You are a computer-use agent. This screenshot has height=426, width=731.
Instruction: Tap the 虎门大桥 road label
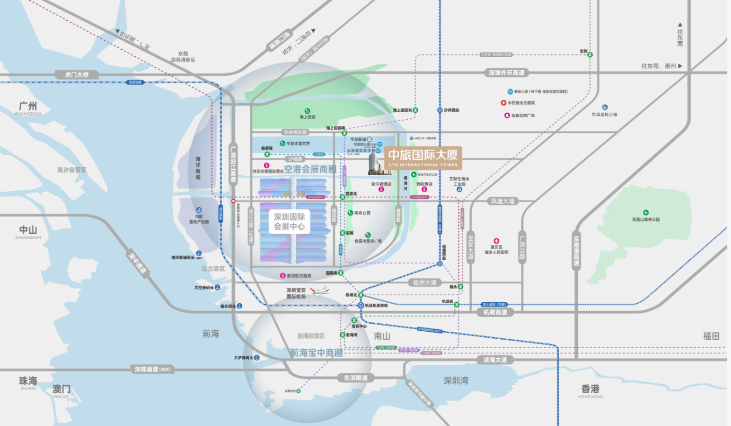tap(76, 75)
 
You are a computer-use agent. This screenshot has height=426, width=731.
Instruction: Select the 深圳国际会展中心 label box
tap(289, 221)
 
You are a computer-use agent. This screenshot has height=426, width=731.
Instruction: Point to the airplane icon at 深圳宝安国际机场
tap(319, 291)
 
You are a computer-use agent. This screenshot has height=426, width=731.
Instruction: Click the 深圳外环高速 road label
tap(507, 73)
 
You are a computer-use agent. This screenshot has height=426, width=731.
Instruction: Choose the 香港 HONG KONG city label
tap(590, 389)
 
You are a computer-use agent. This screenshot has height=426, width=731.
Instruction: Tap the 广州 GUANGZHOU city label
tap(28, 108)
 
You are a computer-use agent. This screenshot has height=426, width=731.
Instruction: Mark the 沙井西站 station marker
tap(439, 110)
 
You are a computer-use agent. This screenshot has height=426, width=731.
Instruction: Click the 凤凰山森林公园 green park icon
tap(646, 212)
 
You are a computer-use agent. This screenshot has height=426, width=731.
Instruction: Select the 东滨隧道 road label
tap(355, 378)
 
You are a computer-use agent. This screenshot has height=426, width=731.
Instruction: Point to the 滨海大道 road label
tap(495, 360)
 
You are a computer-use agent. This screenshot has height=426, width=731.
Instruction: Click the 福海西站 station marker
tap(440, 264)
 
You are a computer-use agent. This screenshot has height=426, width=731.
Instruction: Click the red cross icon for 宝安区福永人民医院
tap(497, 241)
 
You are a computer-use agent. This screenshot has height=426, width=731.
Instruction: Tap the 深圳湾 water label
tap(456, 381)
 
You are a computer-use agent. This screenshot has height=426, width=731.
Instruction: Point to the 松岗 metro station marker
tap(590, 55)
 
